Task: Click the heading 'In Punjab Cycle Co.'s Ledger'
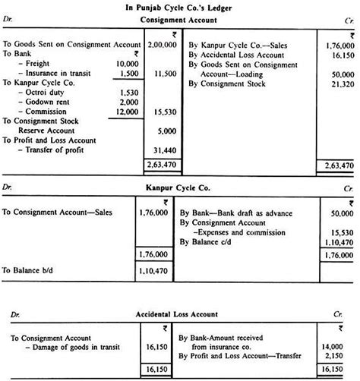click(179, 6)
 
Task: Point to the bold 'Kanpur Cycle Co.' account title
click(179, 186)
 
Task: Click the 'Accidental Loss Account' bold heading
click(179, 313)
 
